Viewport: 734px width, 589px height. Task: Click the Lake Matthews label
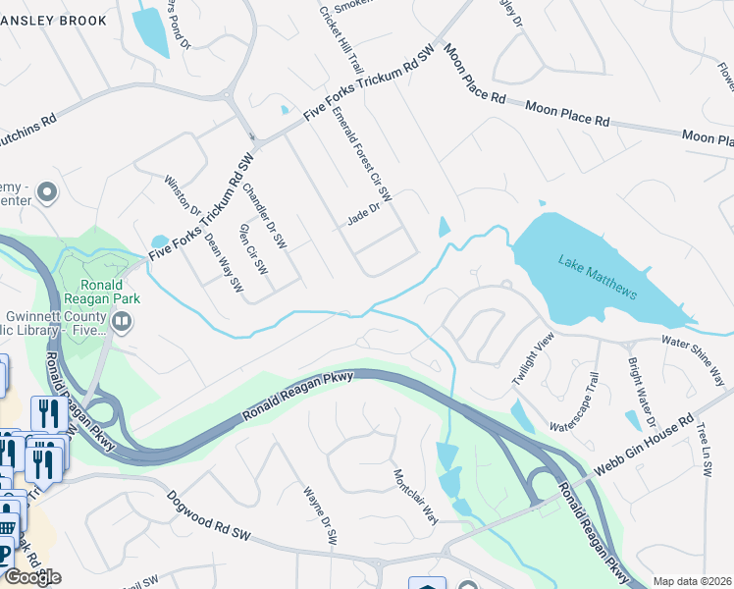[599, 278]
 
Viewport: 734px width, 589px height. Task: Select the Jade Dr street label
[363, 215]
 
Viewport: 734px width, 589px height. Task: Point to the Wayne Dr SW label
[320, 515]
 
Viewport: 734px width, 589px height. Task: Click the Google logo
[32, 577]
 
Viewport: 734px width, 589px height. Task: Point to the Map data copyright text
[693, 581]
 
